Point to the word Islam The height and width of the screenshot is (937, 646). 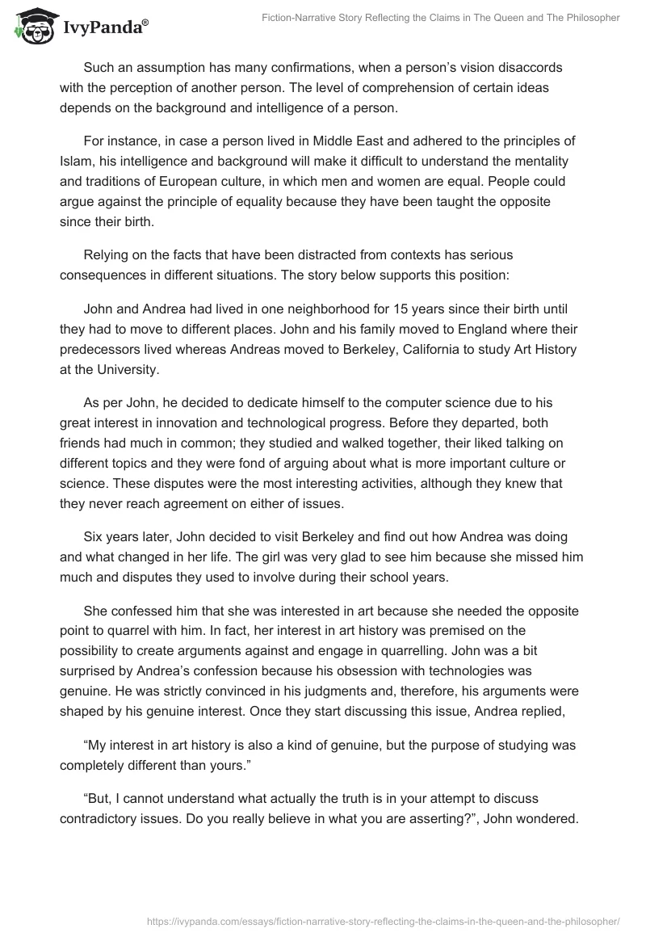[x=77, y=161]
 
